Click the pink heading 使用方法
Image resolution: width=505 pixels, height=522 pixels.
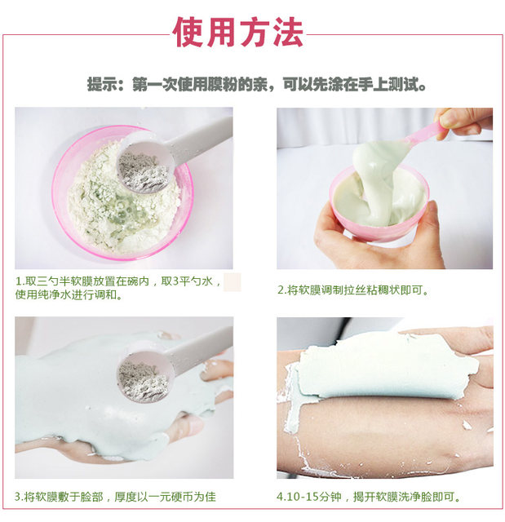(237, 33)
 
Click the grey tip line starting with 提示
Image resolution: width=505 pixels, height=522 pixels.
(257, 85)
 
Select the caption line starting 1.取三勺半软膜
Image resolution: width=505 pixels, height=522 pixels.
(118, 281)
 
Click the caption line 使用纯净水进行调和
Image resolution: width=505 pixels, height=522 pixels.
(69, 295)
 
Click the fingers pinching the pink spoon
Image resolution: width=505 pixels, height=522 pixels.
(463, 122)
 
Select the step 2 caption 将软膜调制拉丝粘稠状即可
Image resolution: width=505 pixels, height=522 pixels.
(353, 290)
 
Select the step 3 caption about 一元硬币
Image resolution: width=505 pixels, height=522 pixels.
(115, 497)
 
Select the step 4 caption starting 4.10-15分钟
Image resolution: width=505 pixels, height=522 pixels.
(369, 497)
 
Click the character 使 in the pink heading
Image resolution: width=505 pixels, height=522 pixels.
(188, 33)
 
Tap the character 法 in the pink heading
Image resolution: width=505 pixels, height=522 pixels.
(288, 33)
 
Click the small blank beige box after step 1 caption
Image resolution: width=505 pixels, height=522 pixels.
(232, 282)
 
